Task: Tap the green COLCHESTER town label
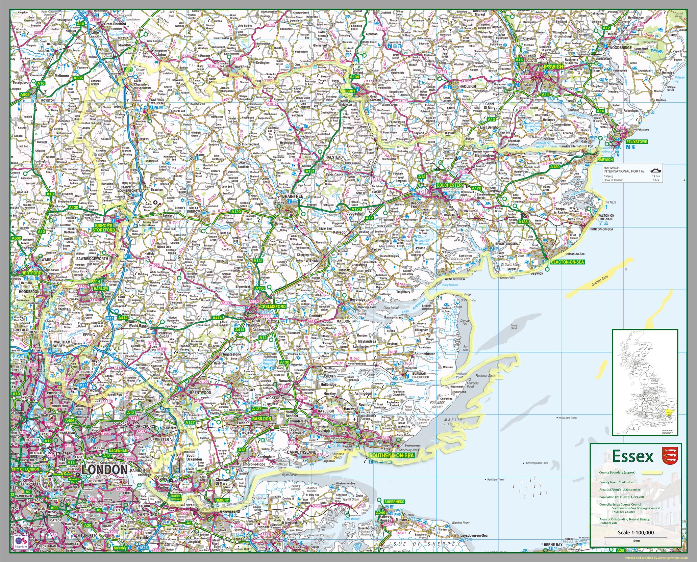click(x=449, y=185)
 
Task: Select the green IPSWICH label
click(x=553, y=67)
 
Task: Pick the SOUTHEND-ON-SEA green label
click(x=392, y=455)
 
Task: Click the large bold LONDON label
click(x=105, y=470)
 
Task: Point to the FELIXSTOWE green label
click(x=637, y=142)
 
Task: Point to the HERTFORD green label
click(x=31, y=273)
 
